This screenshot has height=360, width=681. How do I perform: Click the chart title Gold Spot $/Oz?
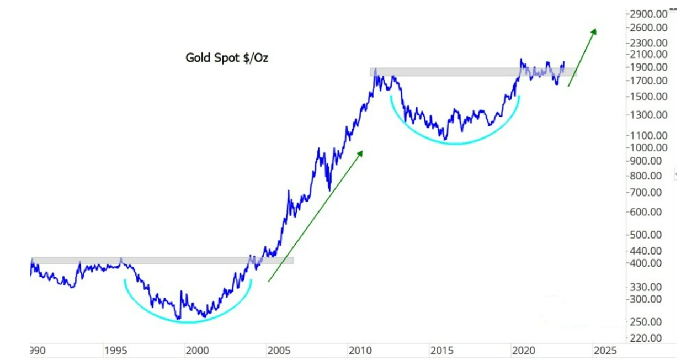226,57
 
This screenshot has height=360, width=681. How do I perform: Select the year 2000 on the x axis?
197,350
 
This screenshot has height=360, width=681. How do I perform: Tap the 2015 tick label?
441,350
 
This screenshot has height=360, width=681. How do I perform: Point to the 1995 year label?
115,350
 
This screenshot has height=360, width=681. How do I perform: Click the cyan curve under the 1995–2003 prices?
188,321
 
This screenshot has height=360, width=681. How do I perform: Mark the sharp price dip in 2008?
329,189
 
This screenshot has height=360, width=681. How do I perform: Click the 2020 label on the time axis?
522,350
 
